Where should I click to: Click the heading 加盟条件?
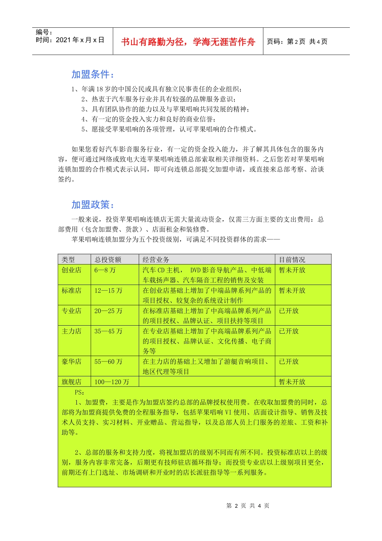(92, 74)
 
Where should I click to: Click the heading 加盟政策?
(92, 205)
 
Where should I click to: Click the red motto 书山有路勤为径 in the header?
(188, 42)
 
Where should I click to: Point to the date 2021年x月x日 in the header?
(80, 40)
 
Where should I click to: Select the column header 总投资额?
(108, 260)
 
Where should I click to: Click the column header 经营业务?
(156, 260)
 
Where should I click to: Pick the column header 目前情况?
(292, 260)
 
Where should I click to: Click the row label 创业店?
(72, 270)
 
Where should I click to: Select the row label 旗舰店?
(72, 382)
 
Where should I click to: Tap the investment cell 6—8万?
(105, 270)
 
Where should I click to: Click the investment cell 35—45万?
(108, 331)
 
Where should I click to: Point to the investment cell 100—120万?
(111, 382)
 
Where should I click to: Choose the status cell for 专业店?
(289, 311)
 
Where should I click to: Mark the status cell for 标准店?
(292, 290)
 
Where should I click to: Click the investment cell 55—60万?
(108, 361)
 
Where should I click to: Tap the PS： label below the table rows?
(79, 392)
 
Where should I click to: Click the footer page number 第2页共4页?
(248, 506)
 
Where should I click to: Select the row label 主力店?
(72, 331)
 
